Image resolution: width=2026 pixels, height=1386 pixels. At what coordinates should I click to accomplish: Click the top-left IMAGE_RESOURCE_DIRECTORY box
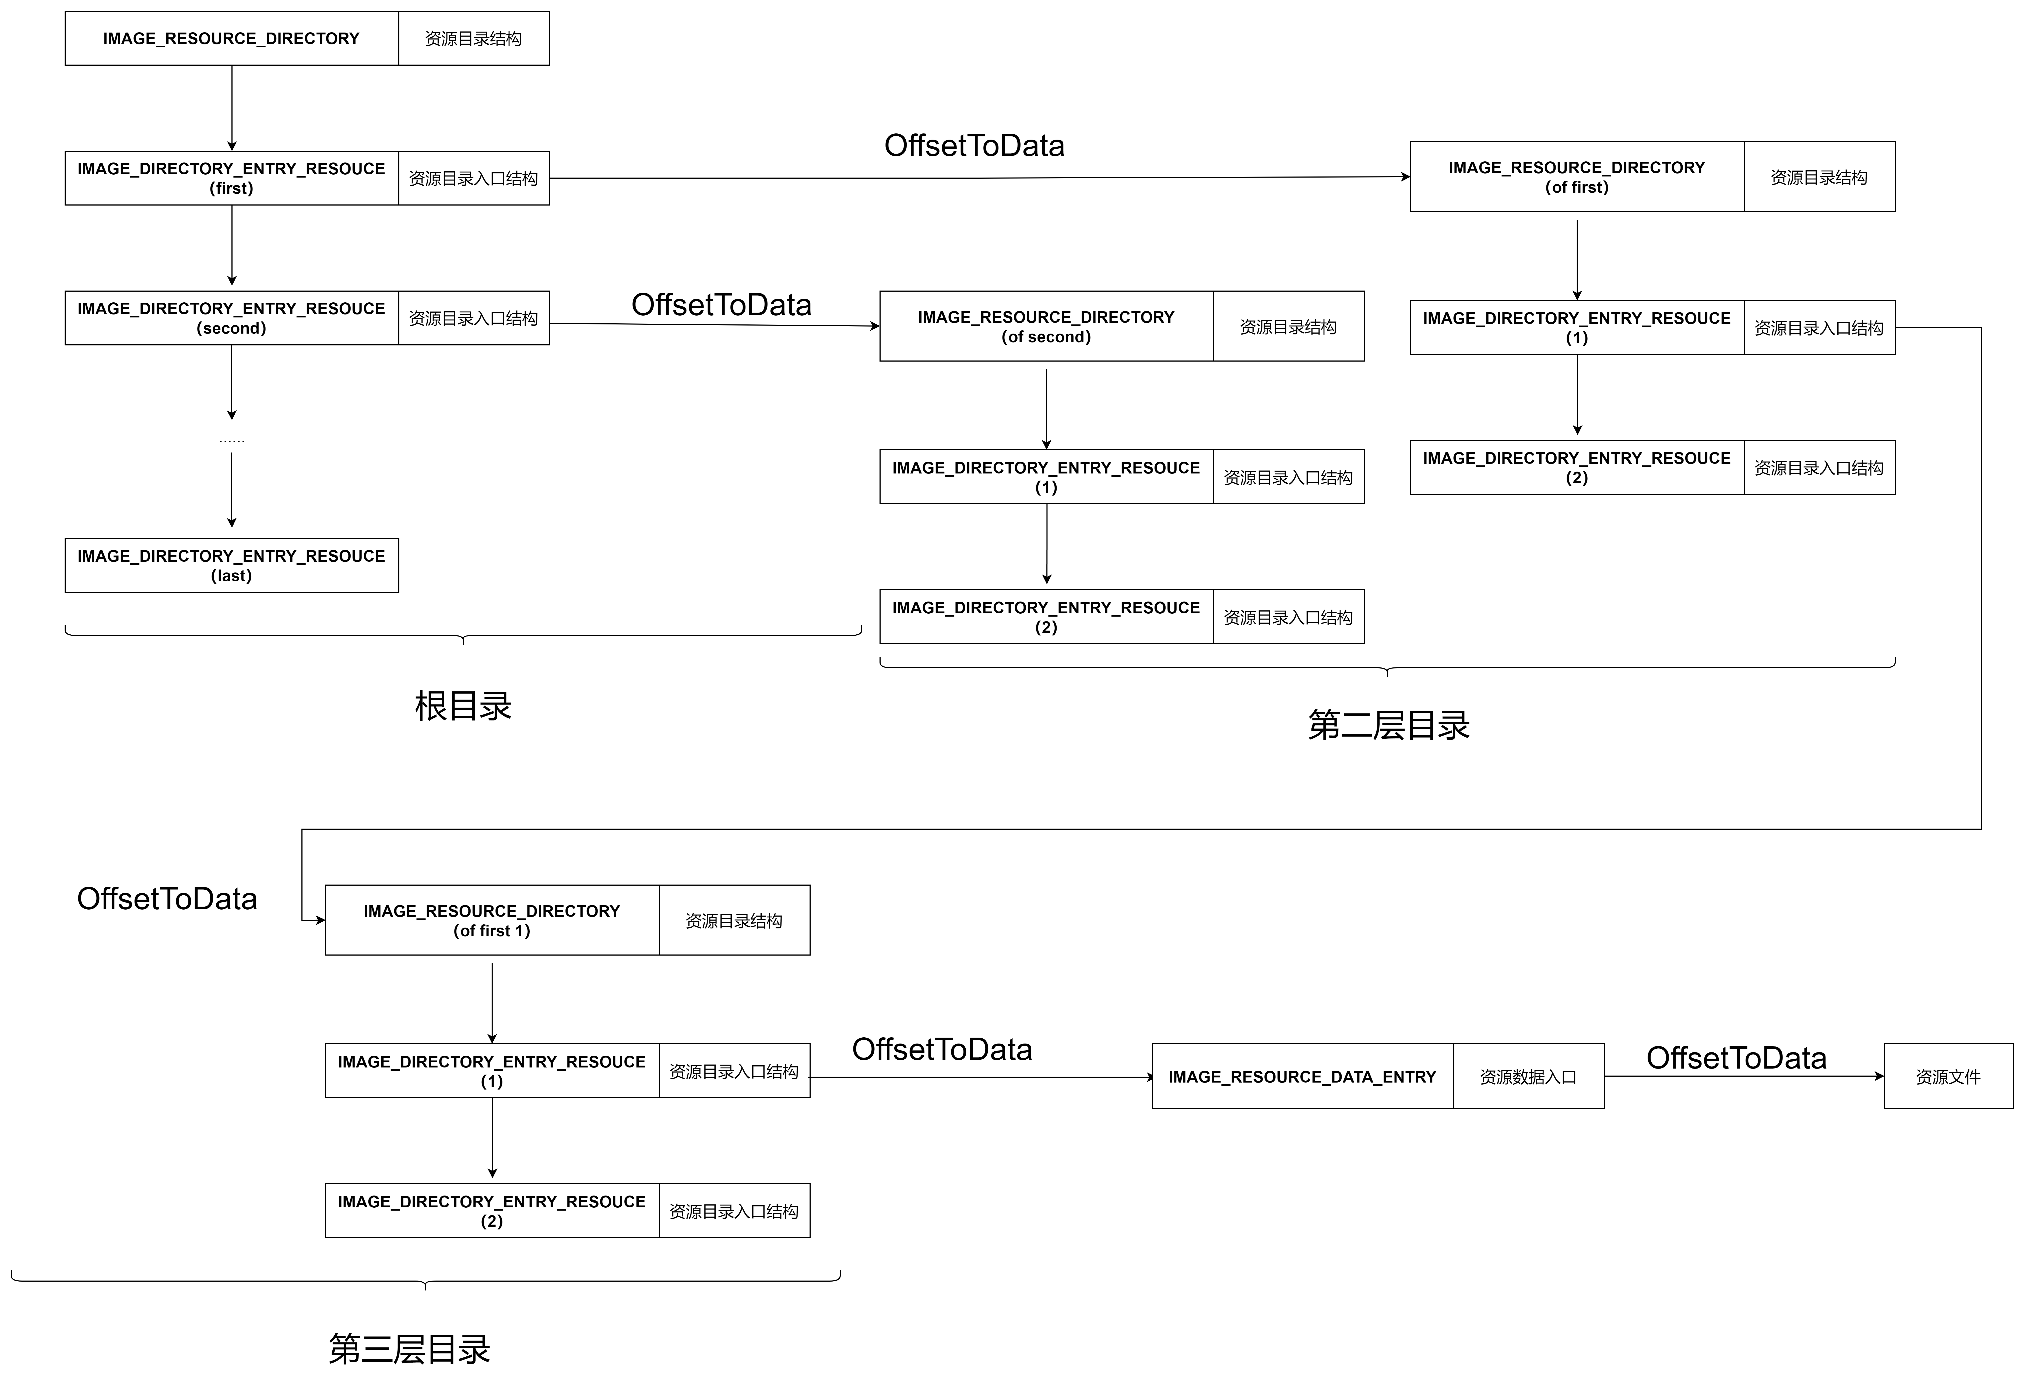[x=231, y=38]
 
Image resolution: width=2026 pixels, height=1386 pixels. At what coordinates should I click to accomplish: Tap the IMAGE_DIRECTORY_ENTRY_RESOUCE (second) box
[x=231, y=318]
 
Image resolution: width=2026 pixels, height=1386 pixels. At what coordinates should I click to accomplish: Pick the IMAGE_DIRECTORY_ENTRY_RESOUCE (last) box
[x=231, y=566]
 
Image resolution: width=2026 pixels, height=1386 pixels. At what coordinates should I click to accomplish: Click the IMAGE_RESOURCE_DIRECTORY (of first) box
[x=1576, y=177]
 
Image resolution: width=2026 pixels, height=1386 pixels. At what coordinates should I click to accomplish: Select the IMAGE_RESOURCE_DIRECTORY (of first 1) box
[x=492, y=921]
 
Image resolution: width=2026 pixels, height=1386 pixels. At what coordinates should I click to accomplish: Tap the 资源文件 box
[x=1947, y=1077]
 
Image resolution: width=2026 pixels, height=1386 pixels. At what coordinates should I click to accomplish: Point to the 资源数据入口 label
[x=1528, y=1077]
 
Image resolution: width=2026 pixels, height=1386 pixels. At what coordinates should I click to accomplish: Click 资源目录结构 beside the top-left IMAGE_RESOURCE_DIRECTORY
[x=473, y=38]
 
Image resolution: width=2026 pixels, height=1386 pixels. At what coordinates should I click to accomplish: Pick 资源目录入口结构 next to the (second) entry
[x=473, y=318]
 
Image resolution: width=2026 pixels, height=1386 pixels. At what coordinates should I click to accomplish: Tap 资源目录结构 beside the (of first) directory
[x=1819, y=177]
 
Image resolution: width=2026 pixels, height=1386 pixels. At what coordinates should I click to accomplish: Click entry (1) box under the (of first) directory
[x=1576, y=328]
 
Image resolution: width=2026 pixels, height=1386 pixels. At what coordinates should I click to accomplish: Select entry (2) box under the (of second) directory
[x=1046, y=617]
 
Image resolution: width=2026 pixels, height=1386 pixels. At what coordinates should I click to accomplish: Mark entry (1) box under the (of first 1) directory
[x=492, y=1071]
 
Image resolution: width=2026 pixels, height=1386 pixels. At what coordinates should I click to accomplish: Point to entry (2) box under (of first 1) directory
[x=492, y=1211]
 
